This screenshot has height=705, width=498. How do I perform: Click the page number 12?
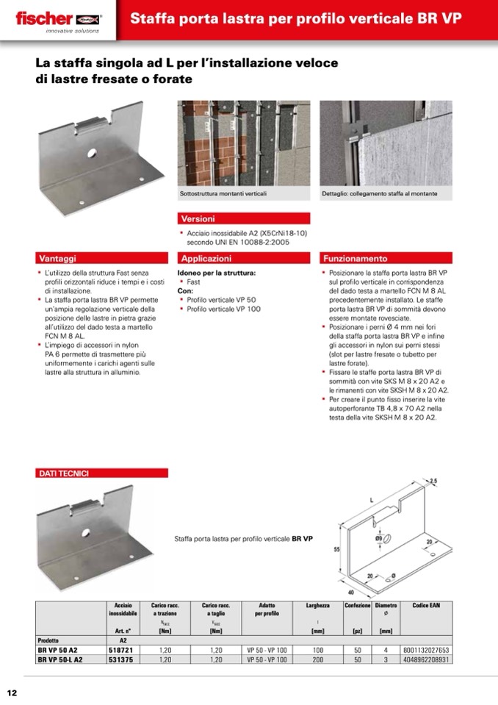12,693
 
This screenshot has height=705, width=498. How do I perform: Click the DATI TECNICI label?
63,473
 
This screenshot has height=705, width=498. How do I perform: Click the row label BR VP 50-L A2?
60,659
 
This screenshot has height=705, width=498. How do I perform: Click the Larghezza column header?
317,605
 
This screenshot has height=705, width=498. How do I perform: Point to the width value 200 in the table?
317,659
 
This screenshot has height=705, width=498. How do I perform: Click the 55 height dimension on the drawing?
335,549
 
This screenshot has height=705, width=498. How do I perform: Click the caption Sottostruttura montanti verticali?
223,193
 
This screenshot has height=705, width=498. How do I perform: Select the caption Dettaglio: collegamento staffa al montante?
380,193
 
